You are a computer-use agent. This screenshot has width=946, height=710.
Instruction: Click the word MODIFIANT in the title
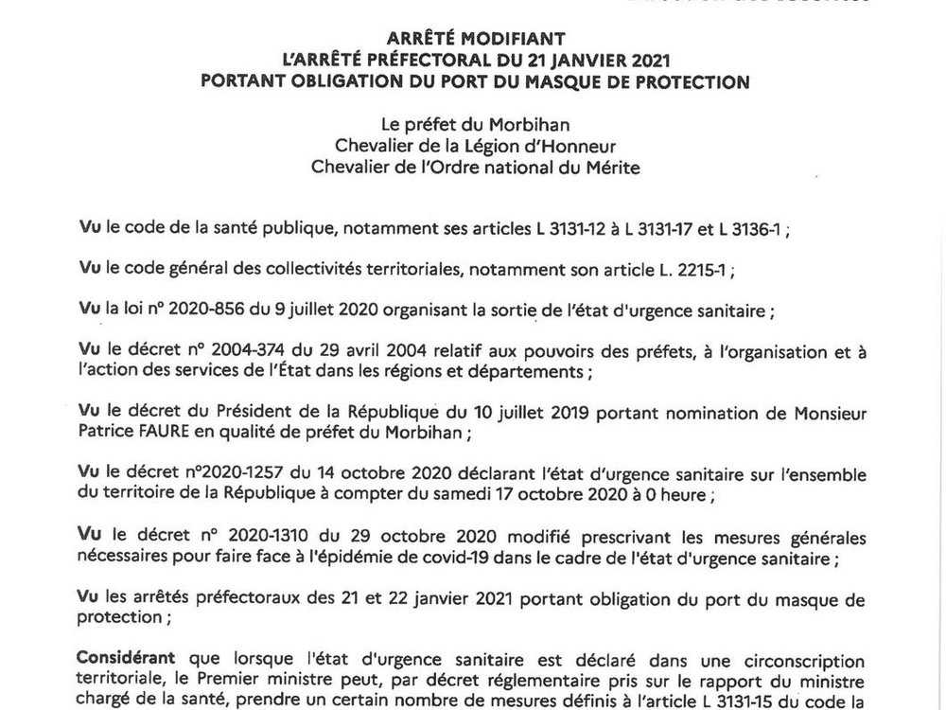514,39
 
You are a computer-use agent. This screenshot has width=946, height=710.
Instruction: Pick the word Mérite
611,168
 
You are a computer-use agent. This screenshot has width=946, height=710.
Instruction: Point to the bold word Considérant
126,659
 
